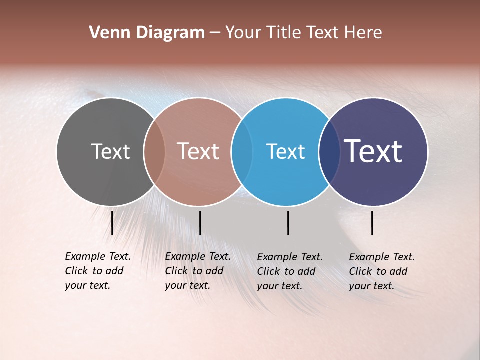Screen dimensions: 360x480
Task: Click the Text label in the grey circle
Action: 110,151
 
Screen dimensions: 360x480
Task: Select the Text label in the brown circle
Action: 198,151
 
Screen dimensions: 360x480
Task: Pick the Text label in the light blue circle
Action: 285,151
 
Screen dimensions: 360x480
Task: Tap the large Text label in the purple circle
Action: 373,151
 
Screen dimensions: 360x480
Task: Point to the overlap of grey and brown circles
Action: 154,152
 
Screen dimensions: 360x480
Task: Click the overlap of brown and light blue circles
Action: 242,152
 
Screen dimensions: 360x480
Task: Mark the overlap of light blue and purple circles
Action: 329,152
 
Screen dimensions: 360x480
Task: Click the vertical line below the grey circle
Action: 112,223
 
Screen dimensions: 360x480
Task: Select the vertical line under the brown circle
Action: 200,223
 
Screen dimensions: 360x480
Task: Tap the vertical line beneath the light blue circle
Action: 288,223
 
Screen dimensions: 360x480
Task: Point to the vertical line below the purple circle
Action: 372,223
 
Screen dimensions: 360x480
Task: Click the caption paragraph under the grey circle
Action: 98,271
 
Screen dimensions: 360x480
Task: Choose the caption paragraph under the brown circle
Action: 198,271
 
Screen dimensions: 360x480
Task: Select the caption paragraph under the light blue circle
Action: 290,271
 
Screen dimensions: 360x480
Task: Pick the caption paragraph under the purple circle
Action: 382,271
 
